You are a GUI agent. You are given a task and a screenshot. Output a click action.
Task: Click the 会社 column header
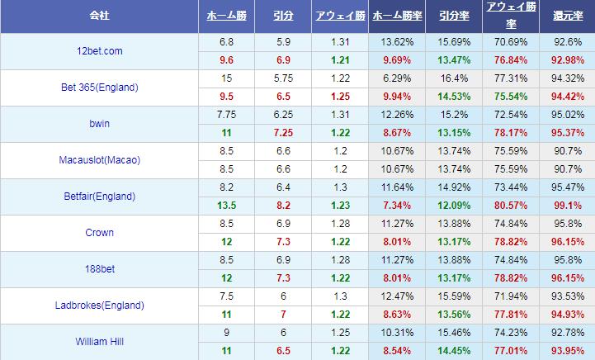pos(99,16)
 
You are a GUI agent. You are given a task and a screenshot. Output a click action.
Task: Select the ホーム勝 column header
pos(226,16)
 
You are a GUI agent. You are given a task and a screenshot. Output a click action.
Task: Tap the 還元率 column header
pos(567,16)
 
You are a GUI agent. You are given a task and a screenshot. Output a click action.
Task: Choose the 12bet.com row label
pos(98,51)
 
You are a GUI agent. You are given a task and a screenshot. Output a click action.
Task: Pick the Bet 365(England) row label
pos(98,88)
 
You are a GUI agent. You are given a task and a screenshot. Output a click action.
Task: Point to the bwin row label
pos(98,124)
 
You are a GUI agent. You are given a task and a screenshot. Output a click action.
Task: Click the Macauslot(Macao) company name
pos(98,160)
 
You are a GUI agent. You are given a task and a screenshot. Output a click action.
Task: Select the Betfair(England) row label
pos(98,197)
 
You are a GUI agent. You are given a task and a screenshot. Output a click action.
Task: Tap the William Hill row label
pos(98,342)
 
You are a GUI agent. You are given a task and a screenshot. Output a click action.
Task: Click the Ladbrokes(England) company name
pos(98,306)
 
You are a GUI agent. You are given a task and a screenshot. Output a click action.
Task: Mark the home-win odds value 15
pos(226,78)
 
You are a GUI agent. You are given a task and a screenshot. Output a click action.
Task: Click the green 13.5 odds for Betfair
pos(226,206)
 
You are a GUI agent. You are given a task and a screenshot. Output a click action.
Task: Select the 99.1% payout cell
pos(567,206)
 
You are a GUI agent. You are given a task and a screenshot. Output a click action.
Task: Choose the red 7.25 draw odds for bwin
pos(282,133)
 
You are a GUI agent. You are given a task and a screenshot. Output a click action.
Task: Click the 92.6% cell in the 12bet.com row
pos(567,42)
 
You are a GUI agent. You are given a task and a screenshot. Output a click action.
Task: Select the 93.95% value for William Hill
pos(567,351)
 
